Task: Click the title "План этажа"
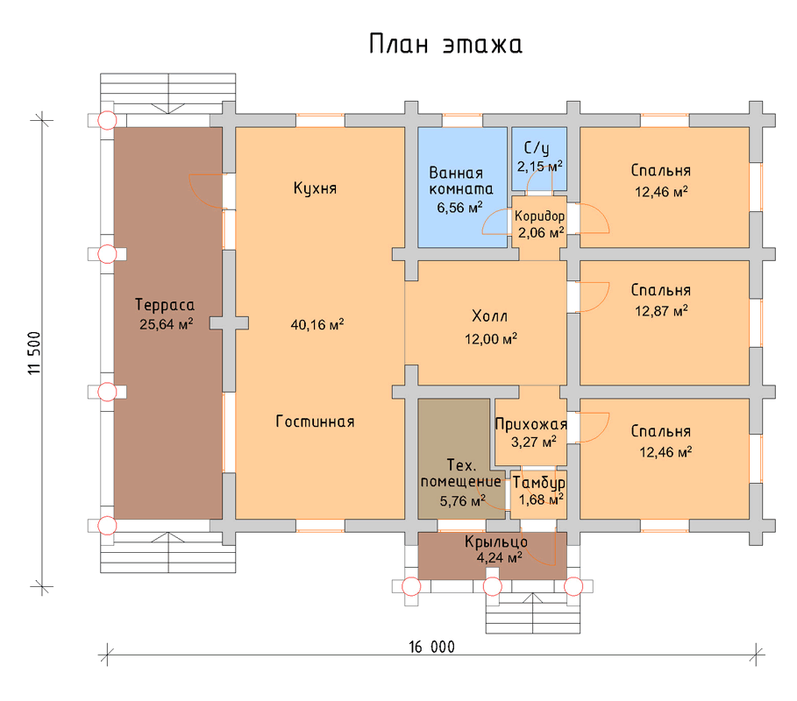(445, 44)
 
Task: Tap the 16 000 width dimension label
(431, 647)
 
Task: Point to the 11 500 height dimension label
(34, 353)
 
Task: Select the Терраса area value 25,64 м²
(167, 324)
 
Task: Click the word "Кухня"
(315, 188)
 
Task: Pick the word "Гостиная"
(315, 421)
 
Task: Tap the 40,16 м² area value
(317, 324)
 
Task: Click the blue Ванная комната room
(463, 187)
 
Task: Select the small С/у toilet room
(539, 158)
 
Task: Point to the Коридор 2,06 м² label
(540, 224)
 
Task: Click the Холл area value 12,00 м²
(491, 339)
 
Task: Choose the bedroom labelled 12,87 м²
(665, 322)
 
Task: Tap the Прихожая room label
(530, 425)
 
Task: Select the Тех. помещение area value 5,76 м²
(463, 501)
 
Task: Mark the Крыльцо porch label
(496, 542)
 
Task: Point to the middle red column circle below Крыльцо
(492, 587)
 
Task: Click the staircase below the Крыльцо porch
(533, 613)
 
